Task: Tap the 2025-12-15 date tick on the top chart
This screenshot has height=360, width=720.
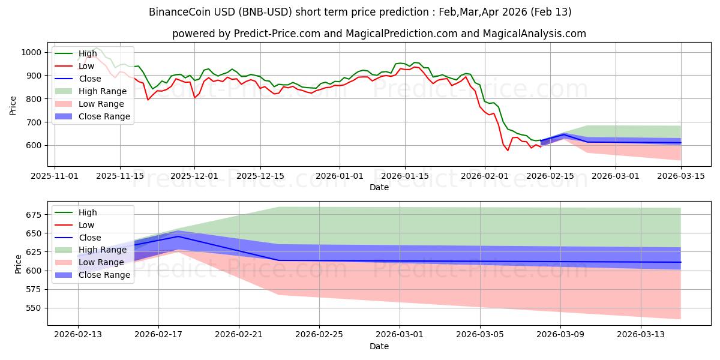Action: (260, 176)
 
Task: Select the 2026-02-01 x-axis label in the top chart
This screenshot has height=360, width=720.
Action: (485, 176)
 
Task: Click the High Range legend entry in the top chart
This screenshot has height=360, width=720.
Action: (103, 91)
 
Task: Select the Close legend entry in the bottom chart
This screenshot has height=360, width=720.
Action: (90, 238)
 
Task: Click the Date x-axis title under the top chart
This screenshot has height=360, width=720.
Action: (379, 187)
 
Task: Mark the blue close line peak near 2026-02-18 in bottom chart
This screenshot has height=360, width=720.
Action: (178, 236)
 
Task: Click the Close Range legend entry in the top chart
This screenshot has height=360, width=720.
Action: (104, 116)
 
